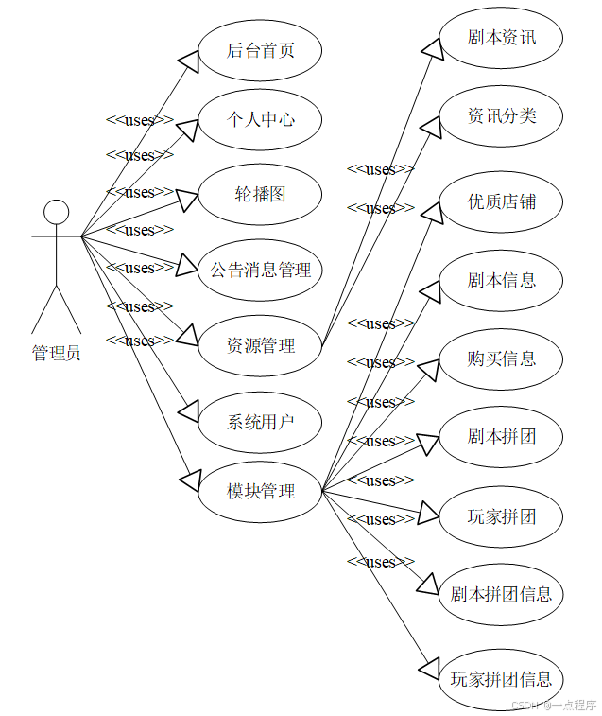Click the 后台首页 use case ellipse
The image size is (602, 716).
pyautogui.click(x=261, y=50)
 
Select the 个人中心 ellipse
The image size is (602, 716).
pyautogui.click(x=261, y=120)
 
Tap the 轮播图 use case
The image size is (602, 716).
pyautogui.click(x=261, y=195)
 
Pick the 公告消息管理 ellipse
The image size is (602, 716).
pyautogui.click(x=261, y=271)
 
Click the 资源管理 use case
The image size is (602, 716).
pyautogui.click(x=261, y=346)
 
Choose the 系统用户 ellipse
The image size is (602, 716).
pyautogui.click(x=261, y=421)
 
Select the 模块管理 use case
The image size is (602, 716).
pyautogui.click(x=261, y=491)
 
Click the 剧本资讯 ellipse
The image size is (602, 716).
pyautogui.click(x=502, y=38)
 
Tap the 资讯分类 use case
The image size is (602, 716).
pyautogui.click(x=502, y=115)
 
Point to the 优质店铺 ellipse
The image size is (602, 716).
pyautogui.click(x=502, y=201)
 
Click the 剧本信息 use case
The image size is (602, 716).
pyautogui.click(x=502, y=280)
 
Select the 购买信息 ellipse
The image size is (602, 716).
pyautogui.click(x=502, y=358)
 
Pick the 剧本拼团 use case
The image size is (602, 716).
pyautogui.click(x=502, y=437)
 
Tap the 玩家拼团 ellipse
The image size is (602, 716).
pyautogui.click(x=502, y=516)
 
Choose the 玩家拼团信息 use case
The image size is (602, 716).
pyautogui.click(x=502, y=679)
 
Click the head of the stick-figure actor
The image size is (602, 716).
pyautogui.click(x=57, y=212)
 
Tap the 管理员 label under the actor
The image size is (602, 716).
pyautogui.click(x=57, y=354)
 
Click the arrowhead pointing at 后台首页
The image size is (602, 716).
pyautogui.click(x=188, y=60)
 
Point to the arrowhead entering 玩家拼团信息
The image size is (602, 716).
pyautogui.click(x=429, y=666)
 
